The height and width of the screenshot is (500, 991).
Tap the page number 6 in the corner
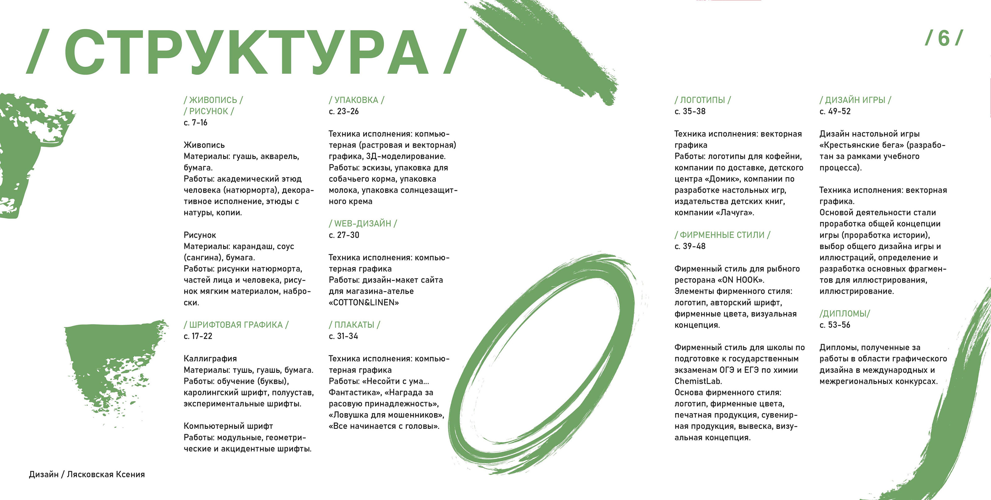pos(943,38)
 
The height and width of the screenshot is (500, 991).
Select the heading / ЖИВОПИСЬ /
pos(213,100)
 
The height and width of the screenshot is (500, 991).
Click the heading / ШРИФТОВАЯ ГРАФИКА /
pos(236,325)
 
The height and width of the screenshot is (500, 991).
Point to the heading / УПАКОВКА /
pos(356,100)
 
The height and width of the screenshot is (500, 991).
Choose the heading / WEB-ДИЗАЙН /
pos(362,223)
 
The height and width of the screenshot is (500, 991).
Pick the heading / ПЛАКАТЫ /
pos(354,325)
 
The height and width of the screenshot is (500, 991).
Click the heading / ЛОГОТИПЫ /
pos(702,100)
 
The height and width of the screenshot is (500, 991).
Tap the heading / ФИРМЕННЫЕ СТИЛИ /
pos(722,235)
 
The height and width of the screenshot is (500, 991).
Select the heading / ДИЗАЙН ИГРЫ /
pos(855,100)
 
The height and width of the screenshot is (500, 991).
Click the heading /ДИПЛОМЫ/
pos(845,314)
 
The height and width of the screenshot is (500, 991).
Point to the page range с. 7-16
pos(195,123)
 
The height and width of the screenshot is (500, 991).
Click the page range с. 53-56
pos(835,325)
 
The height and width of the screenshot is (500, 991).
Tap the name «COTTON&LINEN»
pos(364,303)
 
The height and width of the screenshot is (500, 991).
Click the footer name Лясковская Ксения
pos(106,474)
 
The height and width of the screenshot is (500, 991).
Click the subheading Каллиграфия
pos(210,359)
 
